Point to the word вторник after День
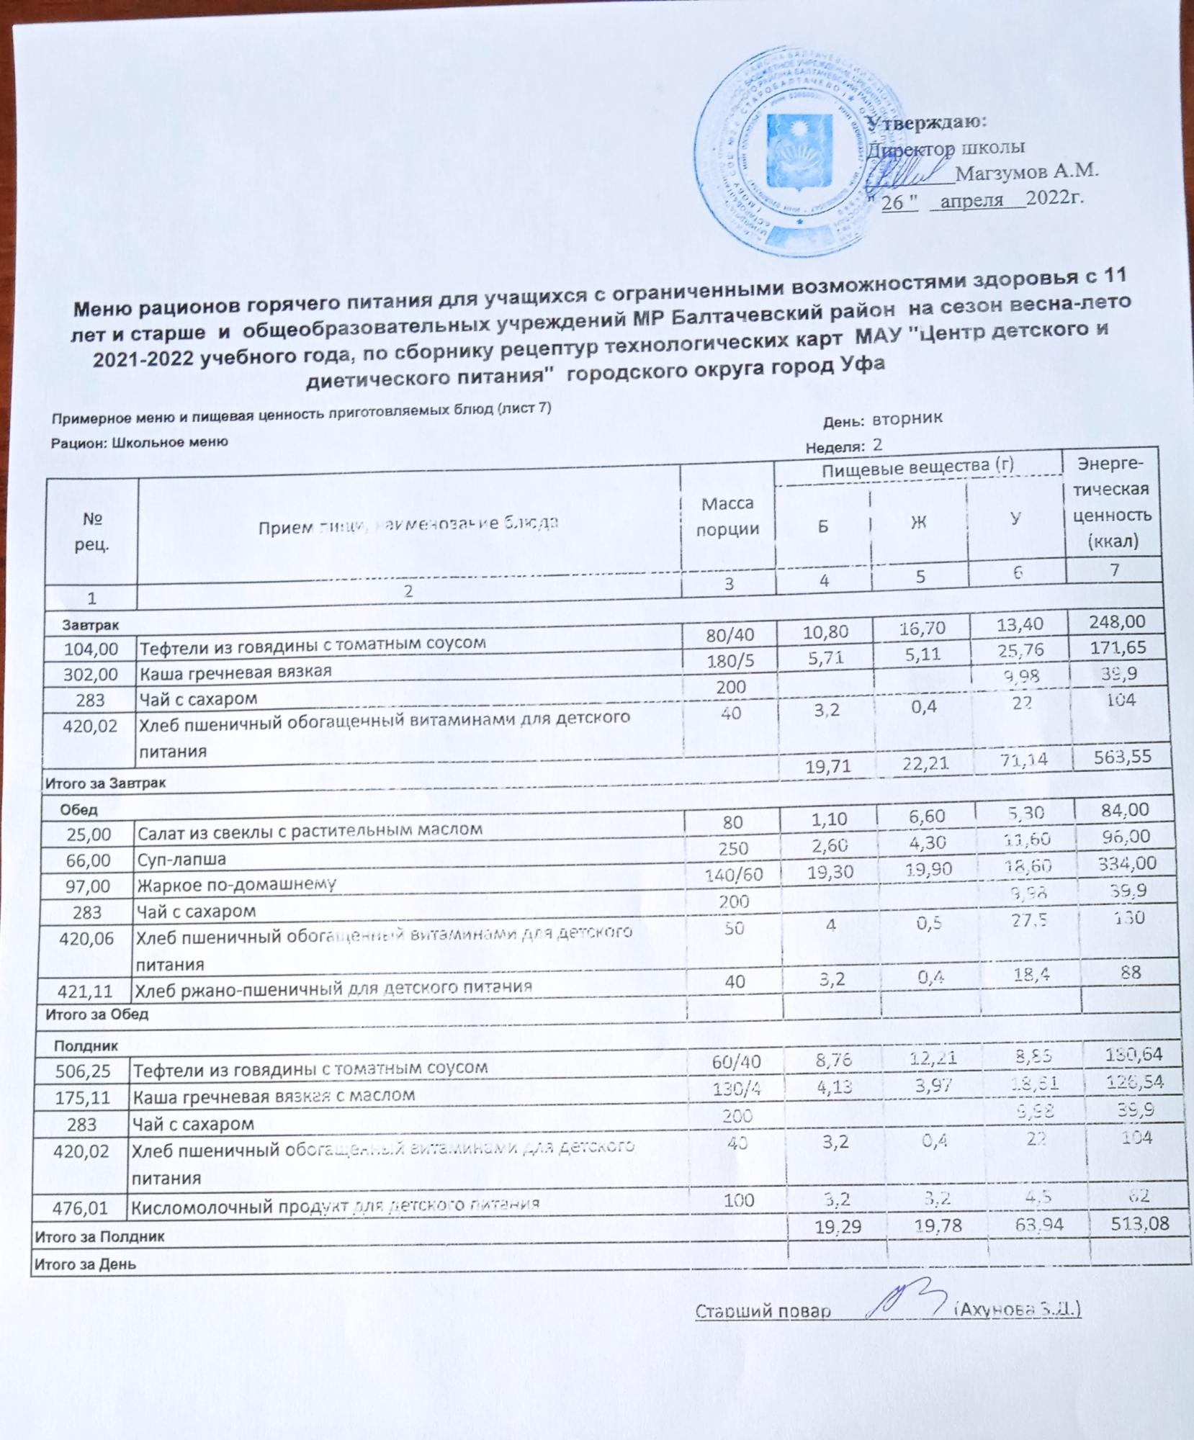(x=907, y=418)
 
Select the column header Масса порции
(x=728, y=516)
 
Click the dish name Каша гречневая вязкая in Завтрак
(x=235, y=671)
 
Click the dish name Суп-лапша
(x=181, y=859)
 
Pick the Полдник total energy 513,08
(x=1129, y=1223)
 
